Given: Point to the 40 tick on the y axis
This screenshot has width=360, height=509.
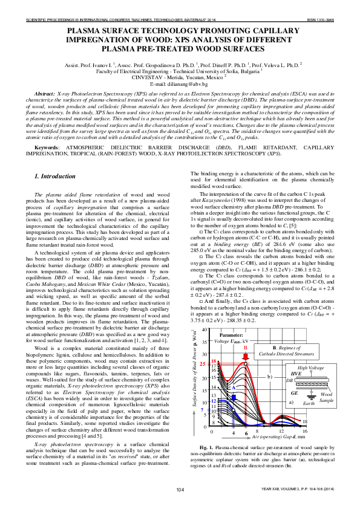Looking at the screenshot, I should click(206, 330).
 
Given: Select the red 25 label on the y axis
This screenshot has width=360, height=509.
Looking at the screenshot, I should click(203, 364).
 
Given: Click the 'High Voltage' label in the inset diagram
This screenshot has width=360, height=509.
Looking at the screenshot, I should click(312, 368).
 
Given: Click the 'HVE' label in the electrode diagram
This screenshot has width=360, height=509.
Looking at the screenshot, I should click(296, 375).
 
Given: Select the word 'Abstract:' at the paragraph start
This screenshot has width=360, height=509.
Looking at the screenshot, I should click(45, 96).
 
